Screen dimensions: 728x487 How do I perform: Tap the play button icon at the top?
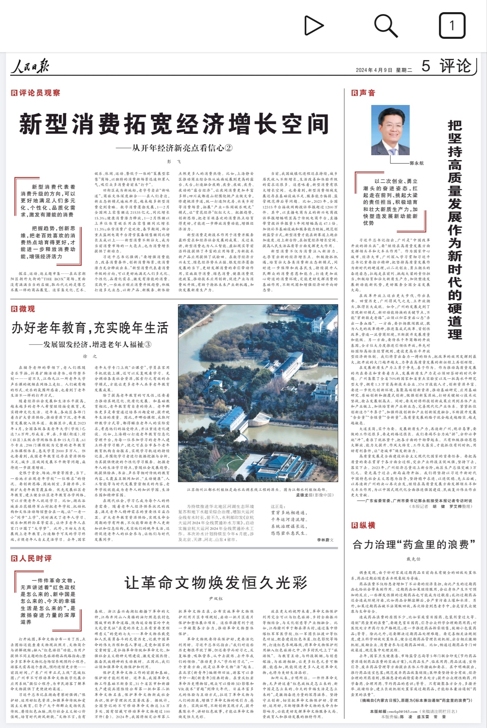click(314, 26)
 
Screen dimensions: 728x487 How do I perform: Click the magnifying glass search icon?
click(385, 25)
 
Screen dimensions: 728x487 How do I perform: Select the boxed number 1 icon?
click(452, 25)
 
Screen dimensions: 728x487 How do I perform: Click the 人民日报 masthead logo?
click(30, 67)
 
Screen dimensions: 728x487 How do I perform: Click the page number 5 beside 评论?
click(426, 66)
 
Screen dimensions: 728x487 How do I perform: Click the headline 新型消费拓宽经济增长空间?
click(174, 124)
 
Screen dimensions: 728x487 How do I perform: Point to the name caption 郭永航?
click(417, 163)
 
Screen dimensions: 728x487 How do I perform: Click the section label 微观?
click(23, 309)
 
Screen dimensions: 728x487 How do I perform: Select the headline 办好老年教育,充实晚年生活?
click(90, 327)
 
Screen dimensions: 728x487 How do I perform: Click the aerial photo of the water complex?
click(258, 393)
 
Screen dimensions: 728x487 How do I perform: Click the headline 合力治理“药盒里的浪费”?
click(414, 545)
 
